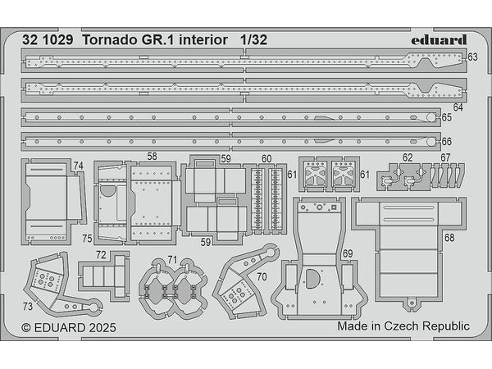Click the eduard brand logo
click(439, 40)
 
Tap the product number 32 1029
click(48, 40)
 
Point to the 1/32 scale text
click(254, 40)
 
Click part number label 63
click(472, 57)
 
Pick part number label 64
click(458, 107)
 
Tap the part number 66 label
click(447, 142)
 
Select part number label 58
click(152, 157)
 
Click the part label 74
click(79, 166)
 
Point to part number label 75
click(87, 239)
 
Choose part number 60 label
click(266, 159)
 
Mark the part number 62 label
click(408, 157)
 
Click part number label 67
click(445, 157)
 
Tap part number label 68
click(449, 238)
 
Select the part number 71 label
click(172, 260)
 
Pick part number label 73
click(28, 306)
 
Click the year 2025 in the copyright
click(102, 328)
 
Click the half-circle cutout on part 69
click(312, 279)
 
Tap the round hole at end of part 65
click(431, 117)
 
